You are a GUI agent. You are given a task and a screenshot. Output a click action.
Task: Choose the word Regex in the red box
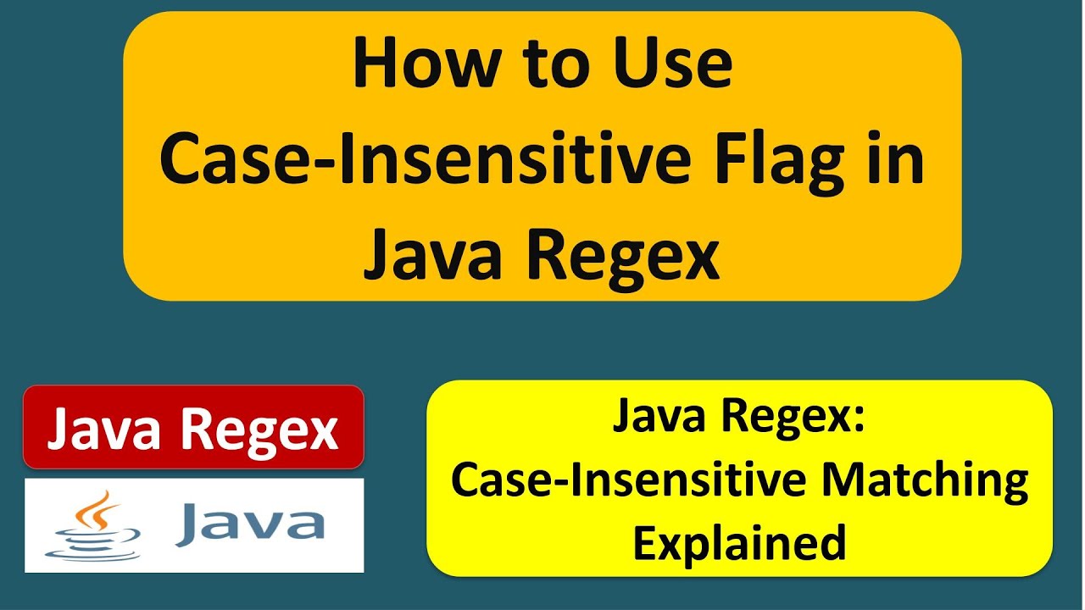click(263, 429)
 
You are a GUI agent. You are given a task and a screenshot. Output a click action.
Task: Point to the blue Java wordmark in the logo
click(250, 524)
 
